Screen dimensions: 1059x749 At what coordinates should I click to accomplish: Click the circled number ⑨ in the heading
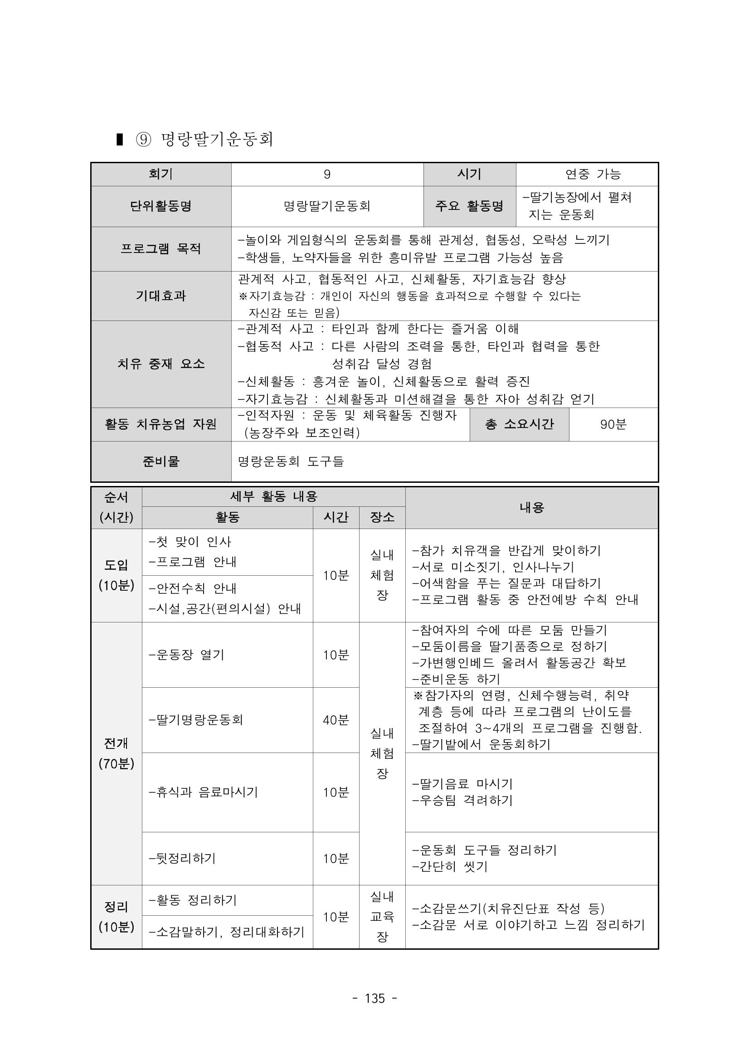tap(143, 139)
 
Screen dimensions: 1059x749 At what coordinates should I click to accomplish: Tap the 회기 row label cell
tap(161, 174)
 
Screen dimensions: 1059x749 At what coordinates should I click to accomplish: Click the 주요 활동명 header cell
tap(469, 206)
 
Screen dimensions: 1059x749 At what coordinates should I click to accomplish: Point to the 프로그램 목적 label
tap(161, 248)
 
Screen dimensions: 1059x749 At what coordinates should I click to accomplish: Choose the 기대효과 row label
tap(161, 296)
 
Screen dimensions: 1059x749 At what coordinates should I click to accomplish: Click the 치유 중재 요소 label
tap(161, 364)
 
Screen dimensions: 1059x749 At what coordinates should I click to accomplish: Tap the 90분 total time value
tap(613, 424)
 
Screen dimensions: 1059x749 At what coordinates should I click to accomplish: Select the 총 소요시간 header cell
tap(519, 424)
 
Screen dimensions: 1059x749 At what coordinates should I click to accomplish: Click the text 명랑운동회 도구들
tap(291, 461)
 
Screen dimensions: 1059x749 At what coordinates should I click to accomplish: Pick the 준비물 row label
tap(161, 461)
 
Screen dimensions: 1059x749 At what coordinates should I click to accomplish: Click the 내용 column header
tap(531, 507)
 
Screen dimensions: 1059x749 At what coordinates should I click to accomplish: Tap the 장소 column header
tap(382, 517)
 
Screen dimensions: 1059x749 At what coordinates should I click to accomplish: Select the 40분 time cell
tap(336, 719)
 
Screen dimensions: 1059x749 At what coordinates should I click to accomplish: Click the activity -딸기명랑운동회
tap(196, 719)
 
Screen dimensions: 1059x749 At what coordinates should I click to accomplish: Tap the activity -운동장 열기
tap(187, 655)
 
